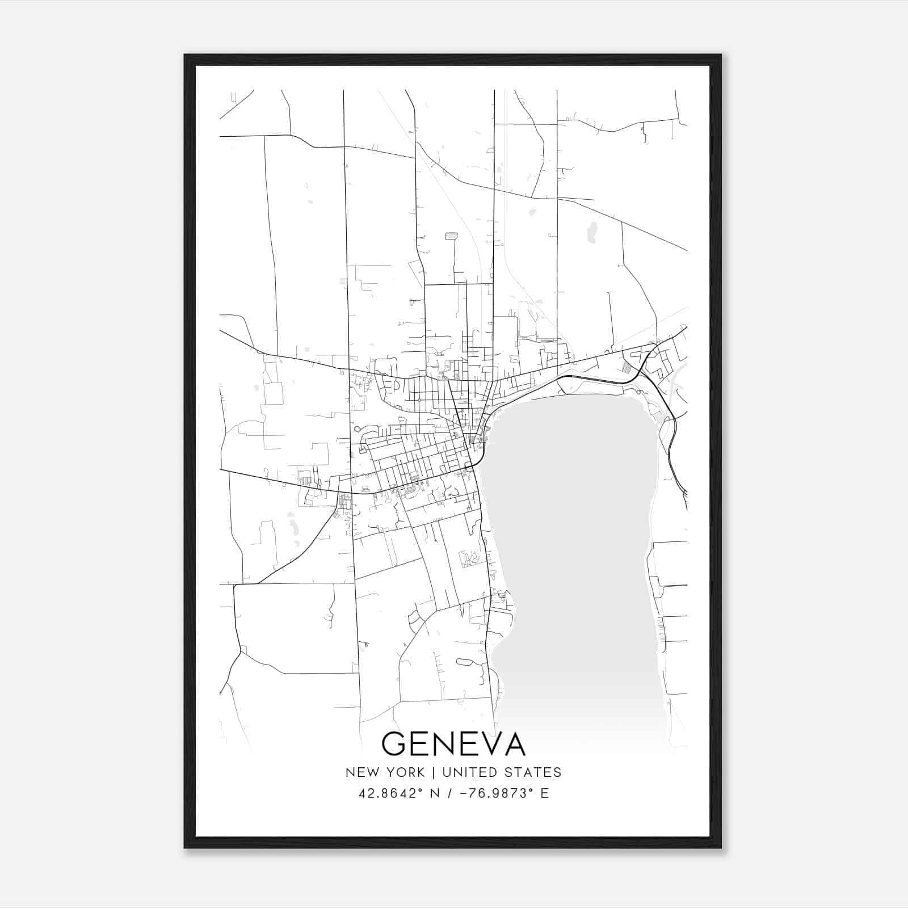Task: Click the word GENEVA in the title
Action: click(453, 744)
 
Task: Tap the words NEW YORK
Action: click(385, 772)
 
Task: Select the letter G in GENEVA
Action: click(395, 744)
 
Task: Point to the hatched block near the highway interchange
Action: click(627, 367)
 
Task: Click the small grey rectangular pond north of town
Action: click(451, 236)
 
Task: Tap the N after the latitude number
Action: click(435, 793)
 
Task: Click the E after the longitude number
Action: click(545, 793)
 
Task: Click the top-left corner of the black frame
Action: click(186, 56)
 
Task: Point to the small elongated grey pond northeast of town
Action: click(592, 230)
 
